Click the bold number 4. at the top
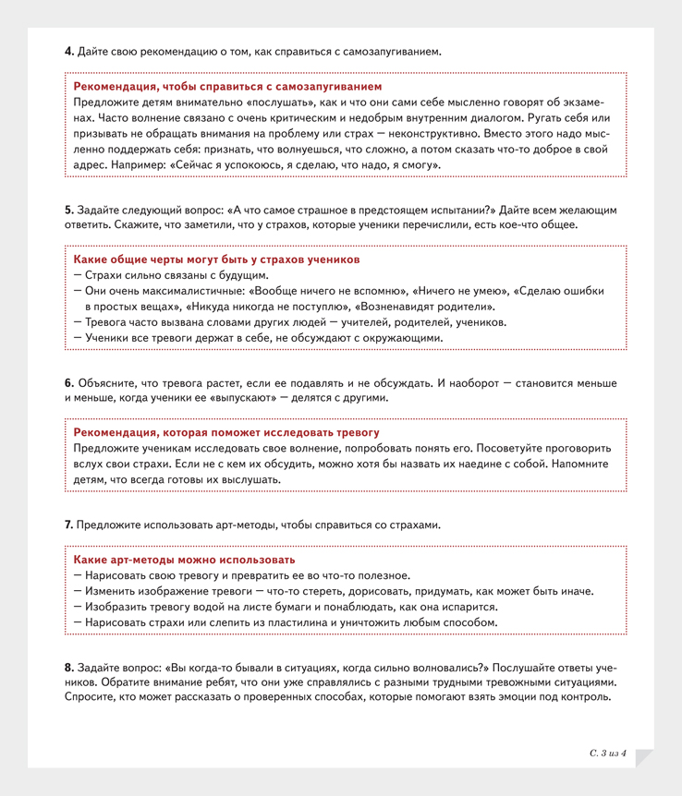[69, 50]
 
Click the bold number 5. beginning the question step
[69, 210]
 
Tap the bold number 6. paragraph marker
[69, 382]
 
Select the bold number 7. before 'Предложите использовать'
[69, 525]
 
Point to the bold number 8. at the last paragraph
[69, 668]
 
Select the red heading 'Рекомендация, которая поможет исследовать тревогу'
[226, 432]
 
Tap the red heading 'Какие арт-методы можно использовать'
[185, 560]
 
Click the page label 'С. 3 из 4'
[608, 754]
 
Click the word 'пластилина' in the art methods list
[296, 622]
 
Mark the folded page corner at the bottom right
[644, 758]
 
